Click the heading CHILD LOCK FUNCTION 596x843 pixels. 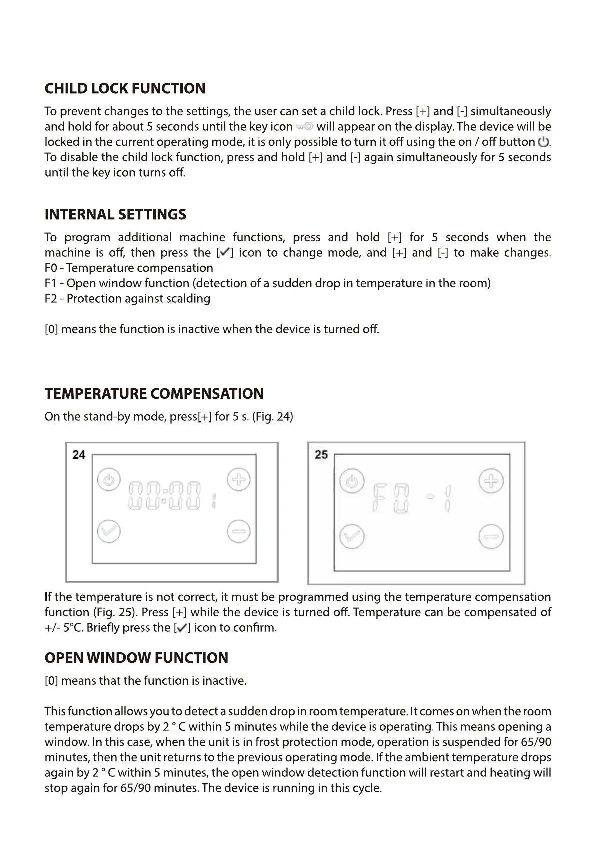coord(125,89)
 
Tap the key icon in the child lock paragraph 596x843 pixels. coord(304,126)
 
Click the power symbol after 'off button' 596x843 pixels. coord(543,142)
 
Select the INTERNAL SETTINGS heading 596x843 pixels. coord(115,215)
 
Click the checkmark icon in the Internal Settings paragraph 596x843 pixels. coord(224,253)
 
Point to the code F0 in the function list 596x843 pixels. coord(51,268)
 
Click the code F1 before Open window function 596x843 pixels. coord(51,283)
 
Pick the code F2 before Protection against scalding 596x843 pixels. coord(51,299)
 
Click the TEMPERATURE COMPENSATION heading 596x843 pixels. coord(154,394)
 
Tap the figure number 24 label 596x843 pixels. coord(79,455)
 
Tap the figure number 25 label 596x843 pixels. coord(321,455)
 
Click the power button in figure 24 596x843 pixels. coord(109,481)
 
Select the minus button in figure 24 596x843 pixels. coord(239,531)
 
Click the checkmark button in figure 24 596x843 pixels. coord(109,531)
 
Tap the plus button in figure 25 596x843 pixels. coord(491,481)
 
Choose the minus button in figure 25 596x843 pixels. coord(491,537)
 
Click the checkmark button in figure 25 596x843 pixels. coord(352,537)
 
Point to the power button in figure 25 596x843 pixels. coord(352,482)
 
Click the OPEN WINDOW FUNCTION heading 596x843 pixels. coord(136,658)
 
